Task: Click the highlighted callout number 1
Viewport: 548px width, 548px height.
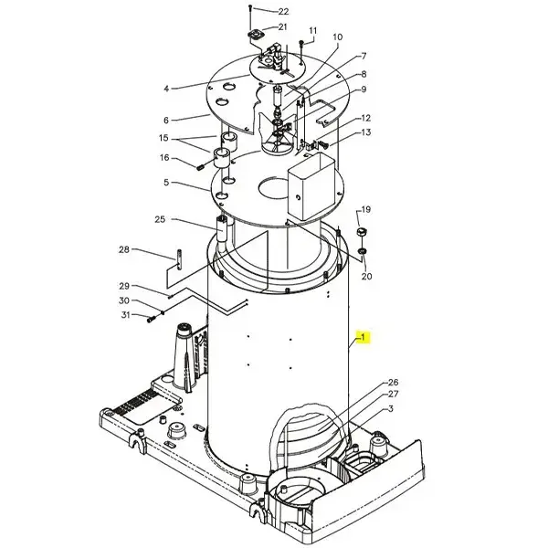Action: point(363,337)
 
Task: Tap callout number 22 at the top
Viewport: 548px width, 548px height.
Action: point(283,12)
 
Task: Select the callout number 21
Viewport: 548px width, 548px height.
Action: point(282,26)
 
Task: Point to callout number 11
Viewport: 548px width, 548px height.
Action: point(312,31)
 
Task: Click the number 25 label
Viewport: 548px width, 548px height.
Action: point(160,219)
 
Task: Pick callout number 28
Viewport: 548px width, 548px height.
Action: point(124,249)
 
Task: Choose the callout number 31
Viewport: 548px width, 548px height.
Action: point(125,315)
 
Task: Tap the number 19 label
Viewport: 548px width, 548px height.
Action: point(365,210)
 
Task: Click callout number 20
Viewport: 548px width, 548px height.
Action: point(366,276)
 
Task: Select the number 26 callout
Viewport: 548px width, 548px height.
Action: point(393,383)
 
